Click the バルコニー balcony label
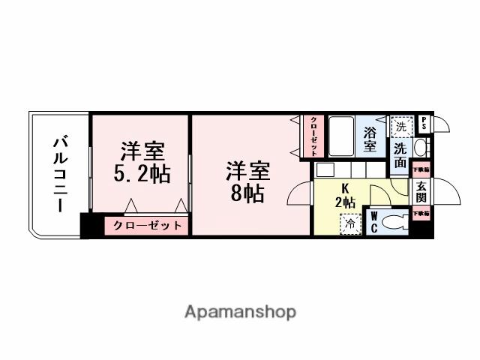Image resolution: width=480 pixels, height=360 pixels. click(x=60, y=174)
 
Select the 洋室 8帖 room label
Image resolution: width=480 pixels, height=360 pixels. click(x=247, y=181)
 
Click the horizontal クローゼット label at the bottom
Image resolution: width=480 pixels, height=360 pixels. click(x=148, y=225)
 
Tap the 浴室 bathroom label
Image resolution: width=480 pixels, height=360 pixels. click(x=370, y=139)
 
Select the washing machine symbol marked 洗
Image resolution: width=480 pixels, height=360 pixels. click(x=401, y=127)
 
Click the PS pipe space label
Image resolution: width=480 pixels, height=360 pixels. click(x=424, y=123)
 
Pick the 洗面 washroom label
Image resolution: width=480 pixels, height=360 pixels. click(x=400, y=154)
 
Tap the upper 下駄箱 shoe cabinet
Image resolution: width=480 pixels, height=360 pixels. click(x=421, y=169)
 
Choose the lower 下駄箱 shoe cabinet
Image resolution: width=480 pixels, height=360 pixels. click(x=421, y=214)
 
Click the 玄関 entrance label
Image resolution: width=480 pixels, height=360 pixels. click(x=421, y=191)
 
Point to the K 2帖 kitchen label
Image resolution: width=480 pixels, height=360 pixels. click(x=346, y=196)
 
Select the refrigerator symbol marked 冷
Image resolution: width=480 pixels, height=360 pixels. click(x=350, y=223)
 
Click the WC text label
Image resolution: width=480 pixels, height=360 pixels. click(x=373, y=223)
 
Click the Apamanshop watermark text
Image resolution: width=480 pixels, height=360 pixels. click(x=240, y=311)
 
